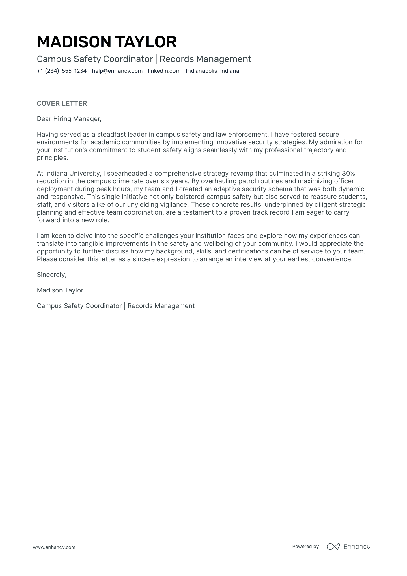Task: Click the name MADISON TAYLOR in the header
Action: (107, 42)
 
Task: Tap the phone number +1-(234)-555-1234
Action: (61, 71)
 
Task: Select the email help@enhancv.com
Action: (117, 71)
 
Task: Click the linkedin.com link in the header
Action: (164, 71)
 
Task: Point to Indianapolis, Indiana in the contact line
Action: (212, 71)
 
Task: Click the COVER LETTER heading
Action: (62, 103)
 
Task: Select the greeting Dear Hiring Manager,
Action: (69, 119)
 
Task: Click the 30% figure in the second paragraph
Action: (348, 173)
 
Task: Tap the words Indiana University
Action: (72, 173)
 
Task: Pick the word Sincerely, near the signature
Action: (51, 275)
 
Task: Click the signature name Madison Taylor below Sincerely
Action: (60, 290)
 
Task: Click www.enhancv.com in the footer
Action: (54, 547)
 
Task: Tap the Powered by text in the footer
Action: (305, 546)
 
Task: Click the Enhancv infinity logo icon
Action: (333, 547)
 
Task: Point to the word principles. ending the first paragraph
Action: (52, 158)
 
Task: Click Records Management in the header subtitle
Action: (205, 59)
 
